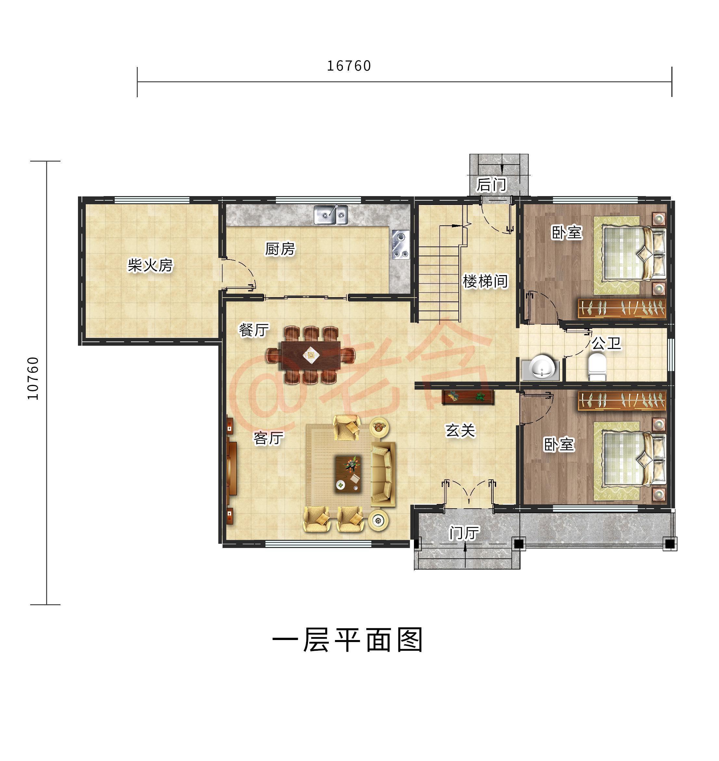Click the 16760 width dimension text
(x=348, y=66)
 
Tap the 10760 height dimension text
(x=33, y=378)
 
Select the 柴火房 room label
(x=150, y=265)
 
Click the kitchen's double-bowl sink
(x=331, y=214)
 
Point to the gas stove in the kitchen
(x=401, y=244)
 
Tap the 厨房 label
(x=280, y=248)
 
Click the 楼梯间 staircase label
(x=485, y=281)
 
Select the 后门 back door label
(x=491, y=185)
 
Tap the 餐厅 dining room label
(x=254, y=329)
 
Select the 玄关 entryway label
(x=460, y=430)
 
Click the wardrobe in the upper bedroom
(x=622, y=308)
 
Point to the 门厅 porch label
(x=464, y=533)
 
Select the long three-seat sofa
(x=383, y=474)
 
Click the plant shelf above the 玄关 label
(x=468, y=397)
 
